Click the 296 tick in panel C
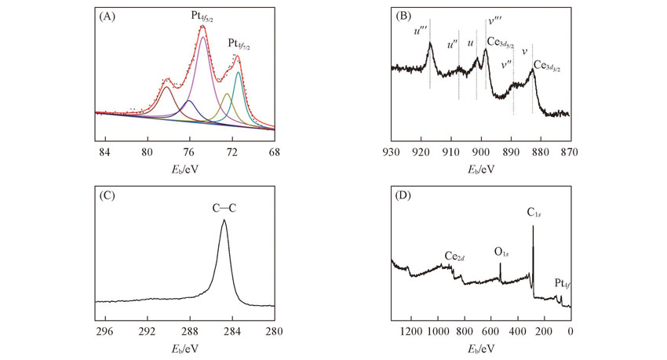(x=104, y=332)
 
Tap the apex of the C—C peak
(x=224, y=220)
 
